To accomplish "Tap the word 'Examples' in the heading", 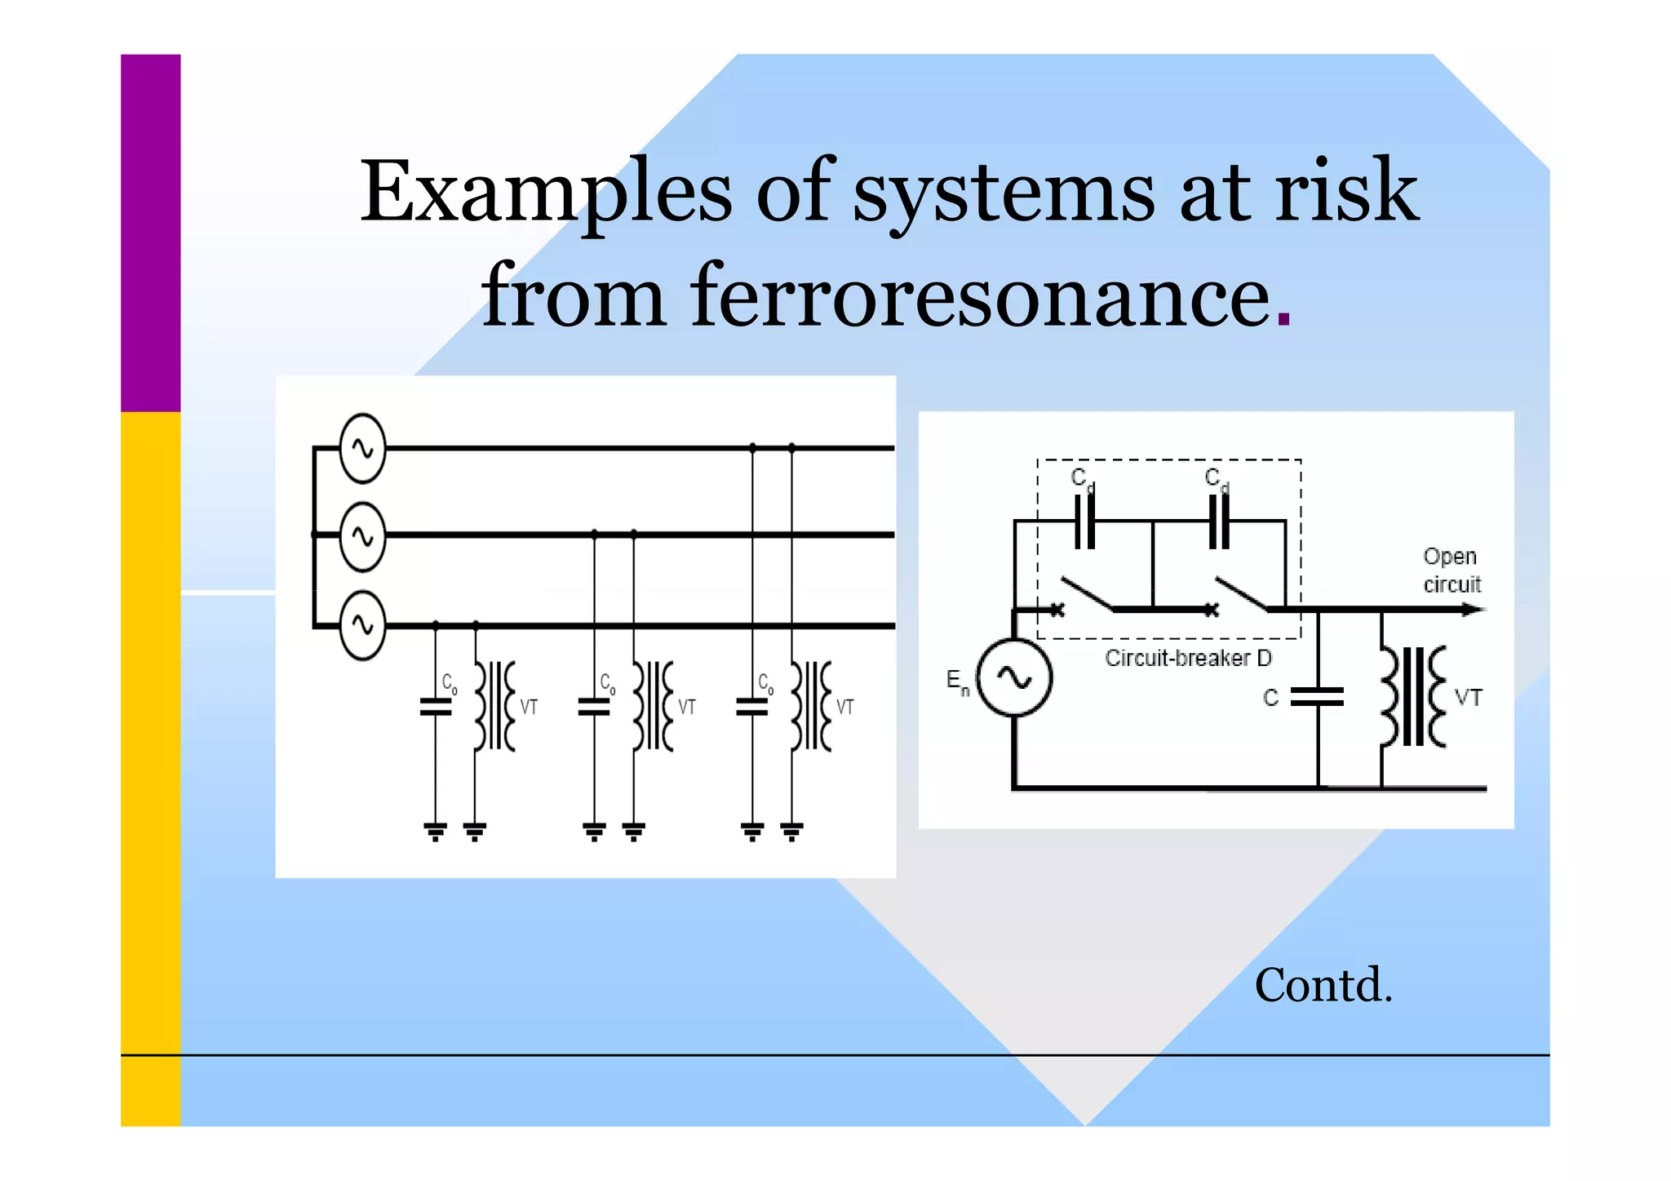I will (x=545, y=193).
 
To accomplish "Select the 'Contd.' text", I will (x=1323, y=985).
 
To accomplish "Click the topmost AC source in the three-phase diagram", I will (x=362, y=448).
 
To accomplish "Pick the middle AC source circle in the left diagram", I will (x=362, y=536).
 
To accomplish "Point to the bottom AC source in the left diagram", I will (x=362, y=626).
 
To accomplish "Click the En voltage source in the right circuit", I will (x=1014, y=677).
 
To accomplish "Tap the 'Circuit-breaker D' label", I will (x=1187, y=658).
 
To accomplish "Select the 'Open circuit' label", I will (x=1451, y=570).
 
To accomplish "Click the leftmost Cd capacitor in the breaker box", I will (x=1084, y=521).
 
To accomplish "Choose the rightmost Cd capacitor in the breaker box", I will (x=1218, y=521).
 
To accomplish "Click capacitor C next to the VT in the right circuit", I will (x=1317, y=697).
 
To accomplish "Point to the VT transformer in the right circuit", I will (x=1413, y=697).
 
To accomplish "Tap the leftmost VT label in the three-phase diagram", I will (x=529, y=707).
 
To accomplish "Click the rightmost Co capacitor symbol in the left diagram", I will (x=752, y=707).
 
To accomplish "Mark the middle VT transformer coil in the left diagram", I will (x=653, y=707).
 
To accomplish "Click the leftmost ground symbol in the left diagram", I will (x=436, y=832).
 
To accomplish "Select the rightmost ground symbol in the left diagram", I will (x=791, y=832).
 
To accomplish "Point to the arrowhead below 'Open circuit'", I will (x=1473, y=609).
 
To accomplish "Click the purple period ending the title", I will (x=1283, y=321).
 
